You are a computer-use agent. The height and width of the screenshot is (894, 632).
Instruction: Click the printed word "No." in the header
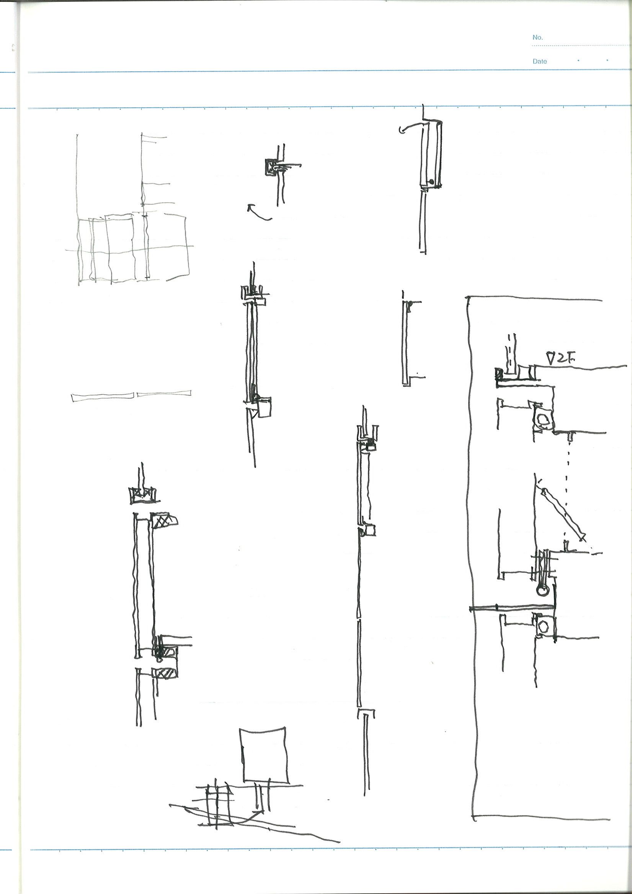click(537, 38)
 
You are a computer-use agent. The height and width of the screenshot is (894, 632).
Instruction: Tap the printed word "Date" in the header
click(539, 61)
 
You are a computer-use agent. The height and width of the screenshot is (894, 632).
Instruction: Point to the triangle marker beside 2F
click(551, 358)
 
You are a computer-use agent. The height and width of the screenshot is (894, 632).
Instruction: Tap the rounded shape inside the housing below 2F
click(543, 419)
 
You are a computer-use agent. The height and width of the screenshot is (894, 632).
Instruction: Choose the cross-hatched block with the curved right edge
click(163, 520)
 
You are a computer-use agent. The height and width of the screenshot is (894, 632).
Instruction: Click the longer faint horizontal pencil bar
click(103, 397)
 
